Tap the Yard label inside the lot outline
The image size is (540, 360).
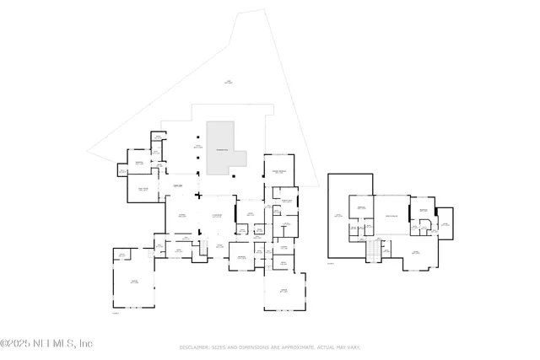[228, 82]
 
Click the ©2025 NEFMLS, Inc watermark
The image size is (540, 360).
[46, 343]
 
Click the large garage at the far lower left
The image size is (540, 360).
[133, 282]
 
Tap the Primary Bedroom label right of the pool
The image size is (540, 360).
[279, 172]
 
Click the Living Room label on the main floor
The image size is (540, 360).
[218, 217]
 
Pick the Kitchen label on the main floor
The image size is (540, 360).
[181, 217]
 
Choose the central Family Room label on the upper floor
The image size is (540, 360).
[391, 215]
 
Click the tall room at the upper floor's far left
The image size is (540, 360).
[338, 217]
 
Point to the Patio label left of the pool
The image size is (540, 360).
[199, 148]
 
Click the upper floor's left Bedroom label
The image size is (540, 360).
[360, 207]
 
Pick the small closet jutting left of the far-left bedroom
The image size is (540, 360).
[121, 171]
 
